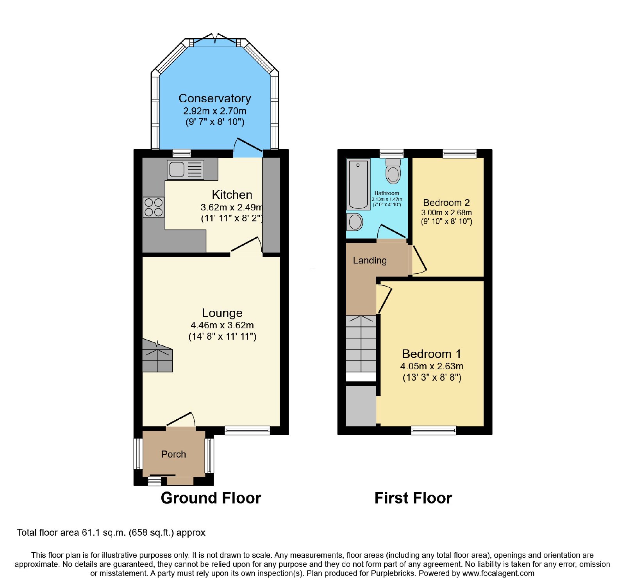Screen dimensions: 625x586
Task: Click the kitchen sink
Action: (186, 169)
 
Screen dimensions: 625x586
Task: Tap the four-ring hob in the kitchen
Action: (154, 207)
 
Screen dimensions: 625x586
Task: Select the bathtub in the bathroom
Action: (358, 184)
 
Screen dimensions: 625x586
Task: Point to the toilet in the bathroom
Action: (393, 171)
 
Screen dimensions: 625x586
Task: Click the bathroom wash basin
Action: (355, 222)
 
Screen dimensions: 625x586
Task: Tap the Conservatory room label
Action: (215, 98)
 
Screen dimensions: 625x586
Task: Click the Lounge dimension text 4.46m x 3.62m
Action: (222, 325)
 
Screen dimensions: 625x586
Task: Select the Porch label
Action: (174, 454)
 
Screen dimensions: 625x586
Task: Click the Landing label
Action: (370, 260)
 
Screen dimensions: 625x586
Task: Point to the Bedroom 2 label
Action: (446, 203)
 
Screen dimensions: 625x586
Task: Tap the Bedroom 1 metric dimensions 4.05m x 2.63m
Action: (432, 366)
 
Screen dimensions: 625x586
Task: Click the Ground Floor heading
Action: (211, 498)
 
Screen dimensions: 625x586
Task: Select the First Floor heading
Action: (413, 498)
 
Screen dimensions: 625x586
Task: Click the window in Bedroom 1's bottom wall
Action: (434, 431)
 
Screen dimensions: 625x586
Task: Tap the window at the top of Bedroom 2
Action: (460, 153)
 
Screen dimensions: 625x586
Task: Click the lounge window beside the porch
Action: (247, 430)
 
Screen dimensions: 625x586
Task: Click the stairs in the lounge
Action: (157, 355)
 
